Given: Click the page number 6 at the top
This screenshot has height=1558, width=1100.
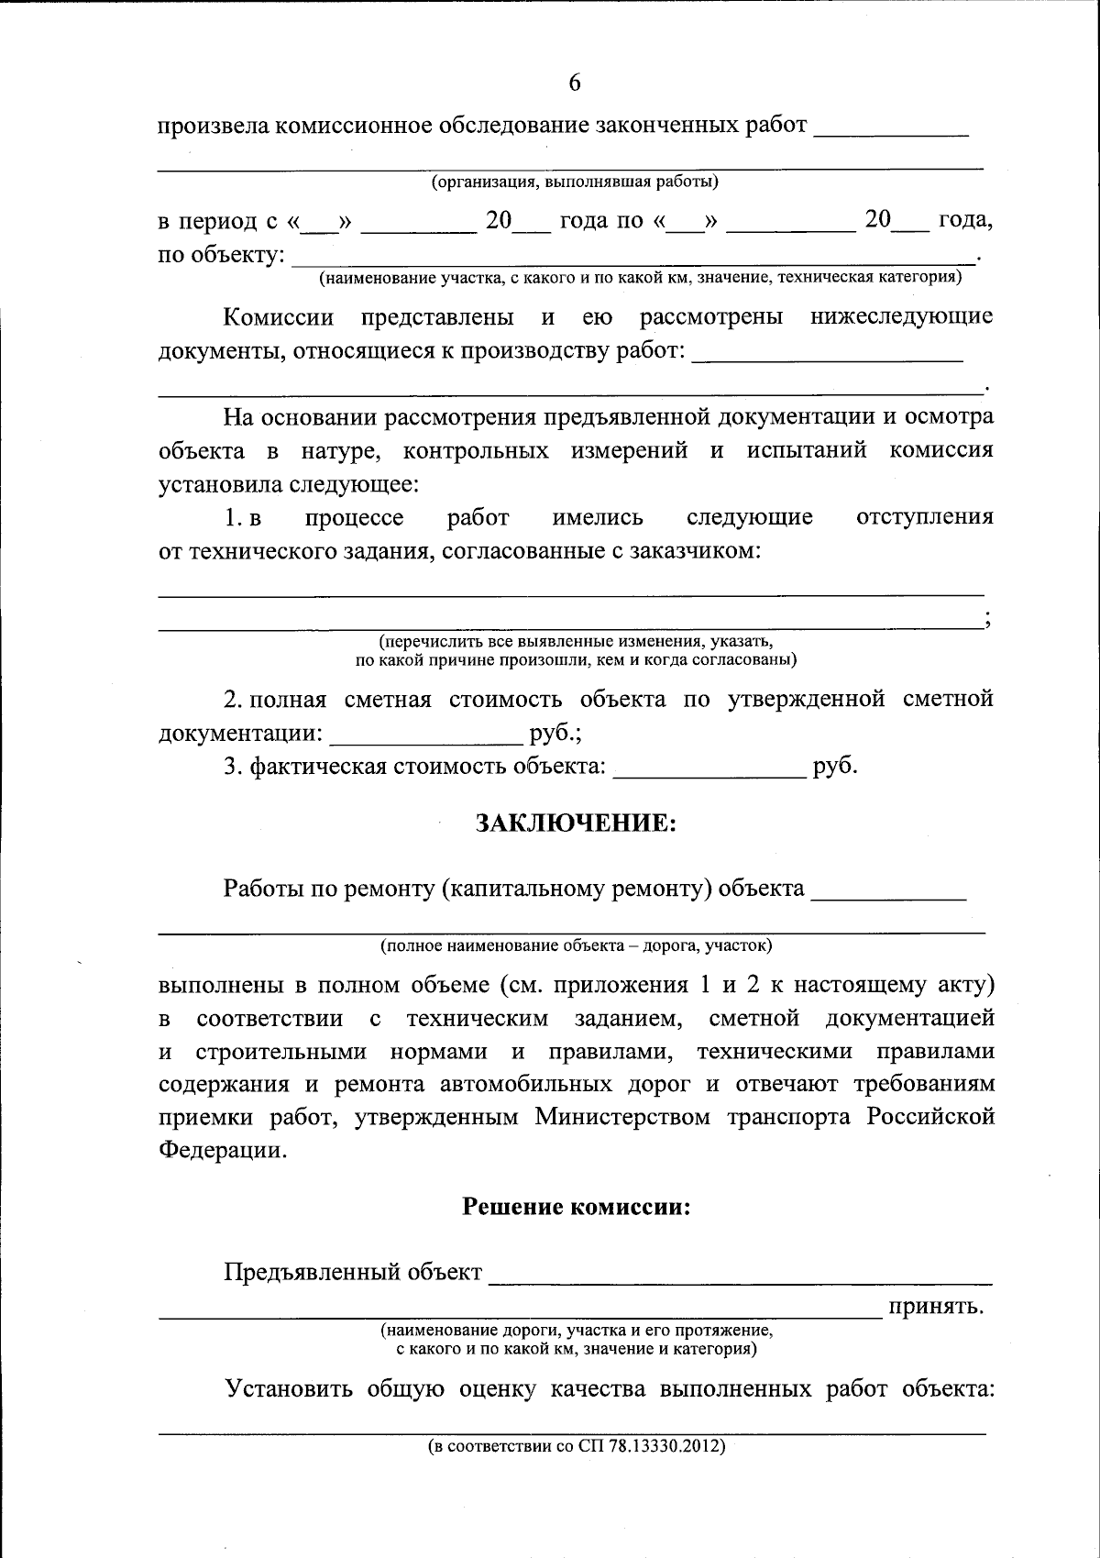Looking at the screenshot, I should click(575, 83).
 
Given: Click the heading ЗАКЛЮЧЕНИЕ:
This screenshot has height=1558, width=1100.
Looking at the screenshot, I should click(576, 823).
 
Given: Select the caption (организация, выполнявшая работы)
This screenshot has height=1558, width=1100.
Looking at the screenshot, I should click(575, 181).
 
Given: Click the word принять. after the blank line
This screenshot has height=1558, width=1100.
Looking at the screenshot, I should click(935, 1306).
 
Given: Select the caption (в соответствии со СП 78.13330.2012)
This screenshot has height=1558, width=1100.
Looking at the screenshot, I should click(576, 1446).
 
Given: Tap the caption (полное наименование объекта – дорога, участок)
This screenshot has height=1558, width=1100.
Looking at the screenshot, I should click(576, 944).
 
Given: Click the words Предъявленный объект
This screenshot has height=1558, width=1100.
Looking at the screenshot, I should click(353, 1272).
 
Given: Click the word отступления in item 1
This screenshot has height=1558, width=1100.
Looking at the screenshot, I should click(924, 516).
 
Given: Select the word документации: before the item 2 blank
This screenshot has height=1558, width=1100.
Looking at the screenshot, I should click(240, 734).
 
